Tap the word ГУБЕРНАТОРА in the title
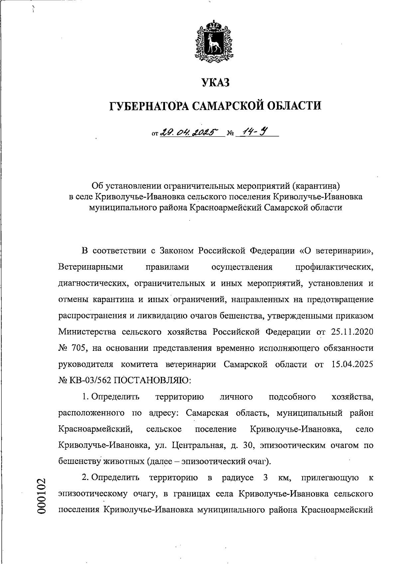150,106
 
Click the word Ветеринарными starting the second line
90,267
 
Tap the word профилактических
334,267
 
